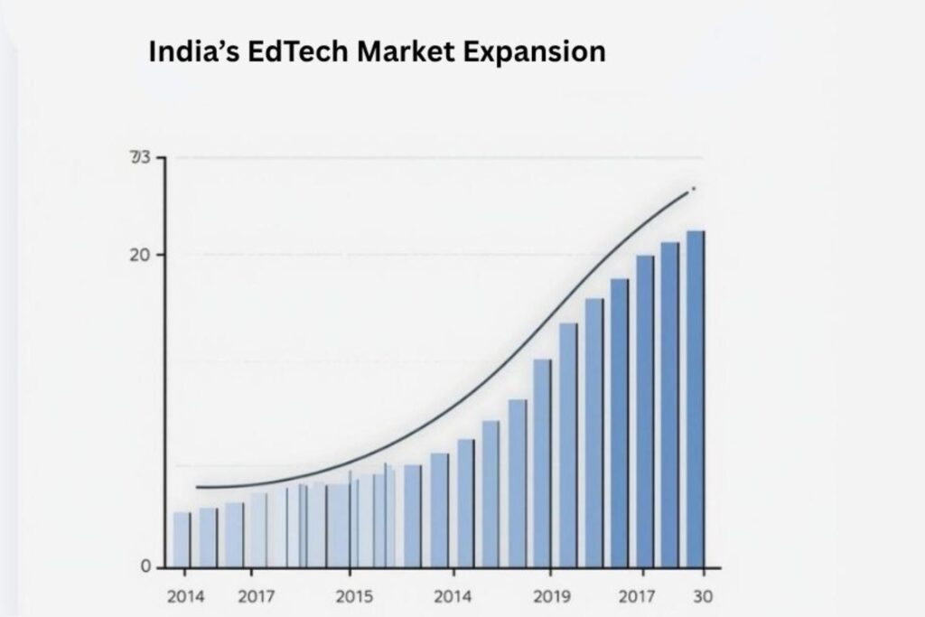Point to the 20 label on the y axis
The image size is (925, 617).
point(140,255)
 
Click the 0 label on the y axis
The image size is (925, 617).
point(146,567)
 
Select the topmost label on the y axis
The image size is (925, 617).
point(139,159)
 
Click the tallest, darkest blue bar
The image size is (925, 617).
point(696,397)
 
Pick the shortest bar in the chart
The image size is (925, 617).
point(182,539)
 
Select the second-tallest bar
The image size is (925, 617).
point(669,404)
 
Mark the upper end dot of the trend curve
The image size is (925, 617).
point(693,189)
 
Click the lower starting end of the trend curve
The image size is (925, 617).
point(198,488)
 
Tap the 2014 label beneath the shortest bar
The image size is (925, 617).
point(185,597)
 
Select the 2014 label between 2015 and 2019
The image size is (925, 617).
point(452,597)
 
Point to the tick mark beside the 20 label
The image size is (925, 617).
point(160,255)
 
